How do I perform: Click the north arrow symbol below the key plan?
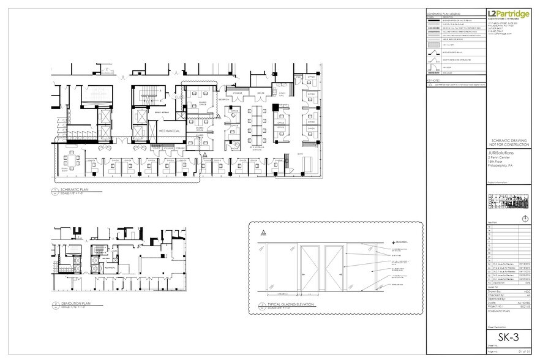[x=523, y=219]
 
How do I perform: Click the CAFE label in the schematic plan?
[x=300, y=154]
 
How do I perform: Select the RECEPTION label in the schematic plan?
[x=223, y=99]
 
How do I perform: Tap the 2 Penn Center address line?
[x=499, y=156]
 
